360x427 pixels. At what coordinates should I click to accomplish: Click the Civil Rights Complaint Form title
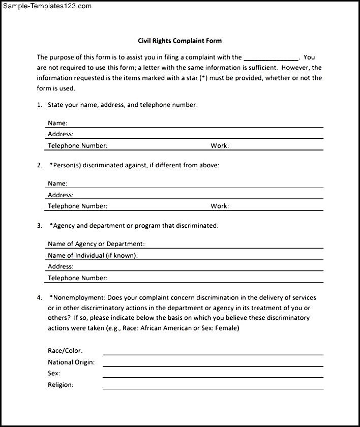(x=180, y=41)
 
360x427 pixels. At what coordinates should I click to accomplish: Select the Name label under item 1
(x=57, y=123)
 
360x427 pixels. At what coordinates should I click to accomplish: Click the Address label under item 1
(x=61, y=134)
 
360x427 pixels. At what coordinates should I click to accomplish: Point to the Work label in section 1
(x=220, y=146)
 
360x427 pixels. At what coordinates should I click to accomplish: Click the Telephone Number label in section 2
(x=77, y=206)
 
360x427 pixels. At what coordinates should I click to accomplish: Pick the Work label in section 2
(x=220, y=206)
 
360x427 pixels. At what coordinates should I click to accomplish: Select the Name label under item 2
(x=57, y=184)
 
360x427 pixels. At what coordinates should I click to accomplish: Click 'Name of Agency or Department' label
(x=96, y=244)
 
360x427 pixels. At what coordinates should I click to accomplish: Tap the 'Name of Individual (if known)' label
(x=93, y=256)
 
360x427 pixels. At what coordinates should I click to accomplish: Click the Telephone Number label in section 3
(x=77, y=278)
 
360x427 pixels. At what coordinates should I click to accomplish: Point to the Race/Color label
(x=65, y=351)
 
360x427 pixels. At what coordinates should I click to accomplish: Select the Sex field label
(x=54, y=374)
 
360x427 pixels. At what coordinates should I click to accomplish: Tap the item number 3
(x=39, y=225)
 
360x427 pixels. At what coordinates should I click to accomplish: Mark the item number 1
(x=39, y=105)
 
